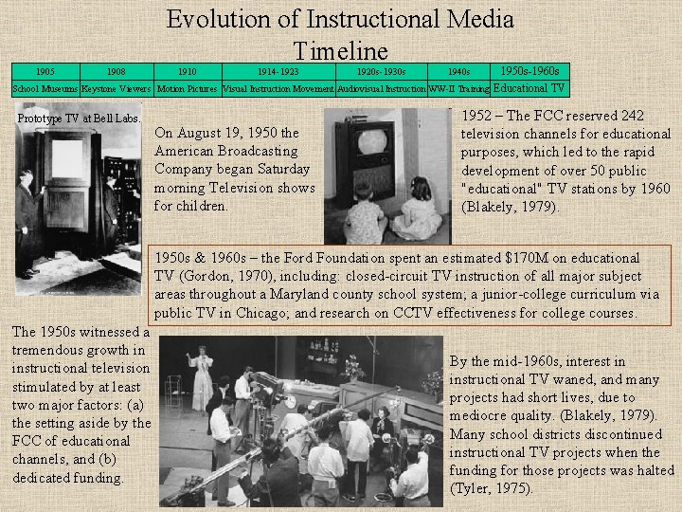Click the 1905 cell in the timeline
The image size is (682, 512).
click(45, 71)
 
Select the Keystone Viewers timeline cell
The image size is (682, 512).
click(116, 89)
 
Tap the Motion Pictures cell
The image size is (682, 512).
click(187, 89)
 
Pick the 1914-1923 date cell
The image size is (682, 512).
click(278, 71)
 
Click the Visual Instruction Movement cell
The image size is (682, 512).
click(278, 89)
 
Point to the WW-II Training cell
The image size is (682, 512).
click(458, 89)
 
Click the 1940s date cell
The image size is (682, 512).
click(458, 71)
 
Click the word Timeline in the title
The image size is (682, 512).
click(340, 50)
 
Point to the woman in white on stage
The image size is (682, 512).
click(201, 375)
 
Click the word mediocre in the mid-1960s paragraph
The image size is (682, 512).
click(482, 415)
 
